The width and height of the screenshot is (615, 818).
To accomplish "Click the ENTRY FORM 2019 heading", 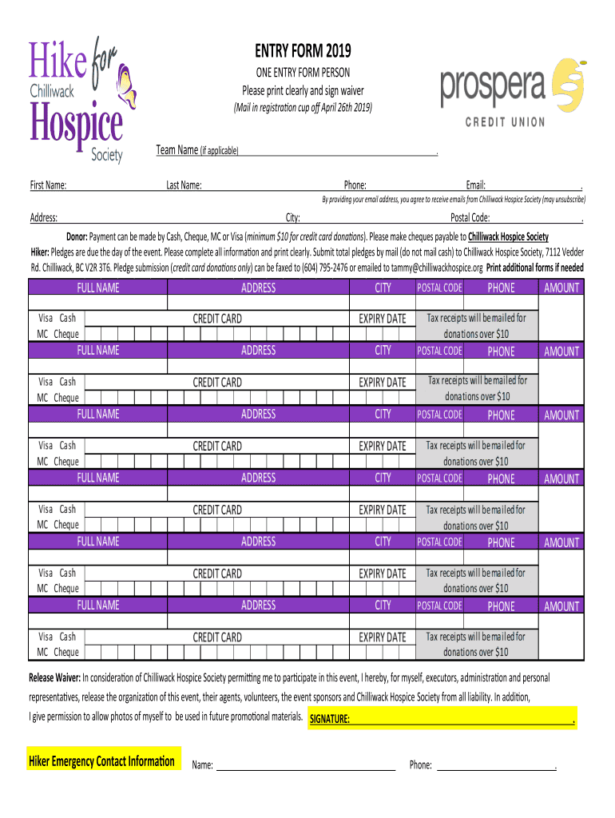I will click(x=303, y=53).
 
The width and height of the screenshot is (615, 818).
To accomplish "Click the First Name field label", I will click(x=48, y=185).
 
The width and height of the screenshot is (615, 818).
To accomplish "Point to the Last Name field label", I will click(x=184, y=185).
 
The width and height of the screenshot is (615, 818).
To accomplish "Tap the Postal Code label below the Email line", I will click(x=470, y=217).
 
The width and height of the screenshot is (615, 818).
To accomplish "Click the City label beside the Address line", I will click(x=292, y=217).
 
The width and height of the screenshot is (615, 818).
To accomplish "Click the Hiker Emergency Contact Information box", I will click(x=101, y=760).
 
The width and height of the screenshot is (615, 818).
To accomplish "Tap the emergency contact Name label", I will click(x=203, y=765).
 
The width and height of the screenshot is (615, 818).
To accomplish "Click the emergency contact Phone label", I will click(x=421, y=765).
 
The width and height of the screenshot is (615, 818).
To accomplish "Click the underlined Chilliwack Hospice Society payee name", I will click(x=508, y=236).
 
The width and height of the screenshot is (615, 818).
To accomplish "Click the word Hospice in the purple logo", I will click(x=77, y=126).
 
